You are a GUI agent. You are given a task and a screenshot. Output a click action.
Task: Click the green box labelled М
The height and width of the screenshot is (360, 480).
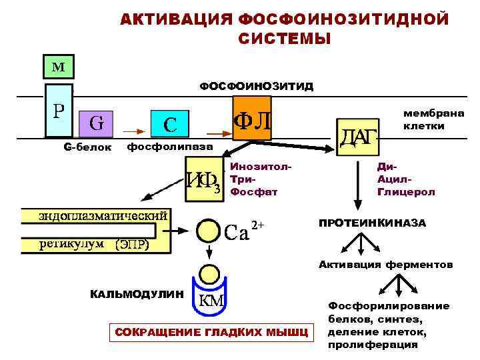click(59, 66)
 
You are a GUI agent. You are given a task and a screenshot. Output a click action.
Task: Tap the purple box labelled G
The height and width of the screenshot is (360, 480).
click(96, 123)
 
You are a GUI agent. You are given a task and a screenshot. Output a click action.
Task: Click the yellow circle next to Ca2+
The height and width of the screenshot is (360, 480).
click(209, 231)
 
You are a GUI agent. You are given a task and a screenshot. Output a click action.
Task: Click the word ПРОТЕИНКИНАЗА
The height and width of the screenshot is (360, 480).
click(372, 223)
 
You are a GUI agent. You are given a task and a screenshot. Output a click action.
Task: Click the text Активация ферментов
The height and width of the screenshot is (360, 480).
click(386, 265)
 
